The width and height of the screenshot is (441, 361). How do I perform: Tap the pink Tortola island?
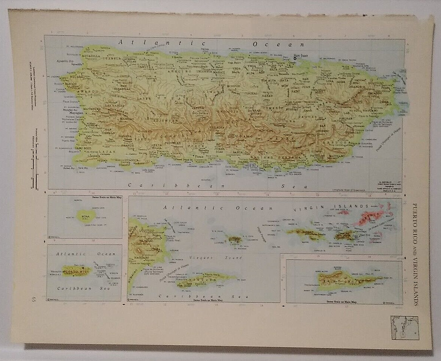click(370, 217)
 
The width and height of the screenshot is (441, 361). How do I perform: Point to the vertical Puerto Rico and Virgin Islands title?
click(415, 254)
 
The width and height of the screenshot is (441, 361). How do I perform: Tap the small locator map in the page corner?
click(404, 327)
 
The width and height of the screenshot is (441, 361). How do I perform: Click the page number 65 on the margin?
click(34, 299)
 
